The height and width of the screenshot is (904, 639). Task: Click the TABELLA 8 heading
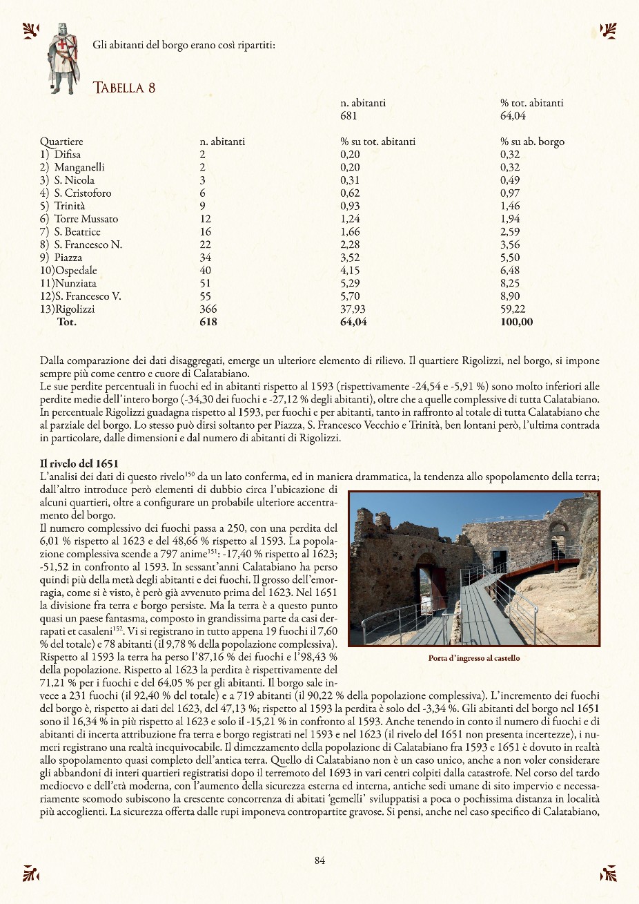click(124, 88)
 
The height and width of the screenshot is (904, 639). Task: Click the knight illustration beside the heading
click(63, 58)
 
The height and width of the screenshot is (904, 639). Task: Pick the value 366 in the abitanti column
click(208, 309)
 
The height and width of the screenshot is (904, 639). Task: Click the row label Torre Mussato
click(86, 219)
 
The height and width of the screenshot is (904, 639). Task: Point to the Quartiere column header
click(61, 142)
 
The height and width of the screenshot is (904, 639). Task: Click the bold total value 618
click(208, 322)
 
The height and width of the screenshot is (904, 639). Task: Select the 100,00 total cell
click(517, 322)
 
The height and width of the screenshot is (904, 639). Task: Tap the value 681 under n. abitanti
click(348, 116)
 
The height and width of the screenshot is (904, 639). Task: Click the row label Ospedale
click(76, 271)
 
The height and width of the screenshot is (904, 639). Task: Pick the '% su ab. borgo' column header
click(532, 142)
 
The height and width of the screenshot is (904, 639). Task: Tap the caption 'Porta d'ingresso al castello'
click(473, 658)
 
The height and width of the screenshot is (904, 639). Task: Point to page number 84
click(319, 860)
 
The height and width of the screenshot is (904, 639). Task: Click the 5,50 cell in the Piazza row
click(510, 258)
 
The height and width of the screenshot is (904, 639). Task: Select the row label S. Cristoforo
click(82, 193)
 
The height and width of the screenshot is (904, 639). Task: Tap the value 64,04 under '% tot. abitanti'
click(513, 116)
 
